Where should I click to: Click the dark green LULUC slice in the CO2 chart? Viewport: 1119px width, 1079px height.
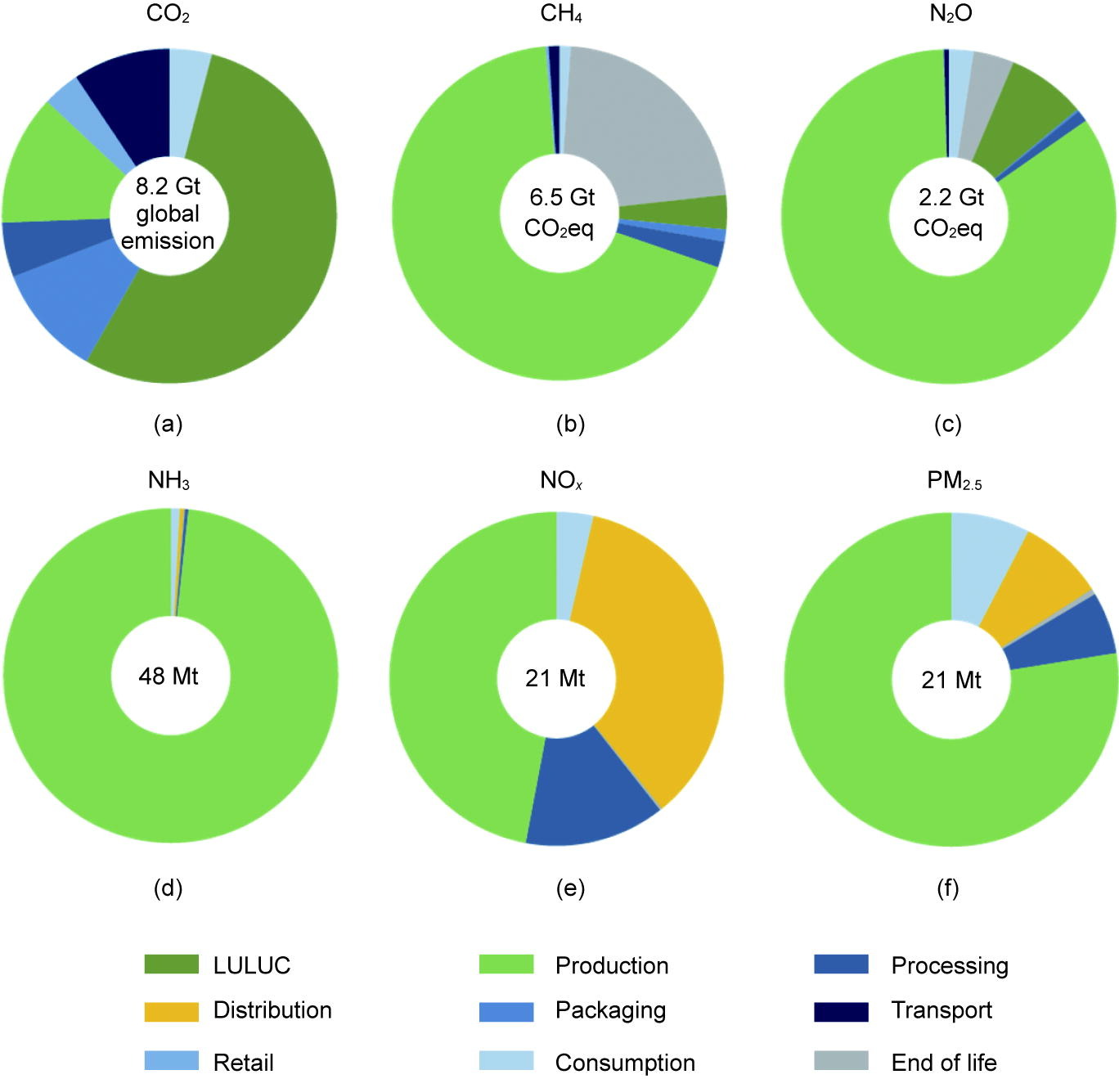pyautogui.click(x=270, y=245)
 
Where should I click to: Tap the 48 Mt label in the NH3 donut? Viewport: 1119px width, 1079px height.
pyautogui.click(x=169, y=677)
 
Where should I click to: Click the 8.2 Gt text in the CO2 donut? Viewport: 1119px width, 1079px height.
pyautogui.click(x=168, y=187)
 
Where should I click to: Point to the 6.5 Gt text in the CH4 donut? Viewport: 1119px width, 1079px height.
pyautogui.click(x=562, y=197)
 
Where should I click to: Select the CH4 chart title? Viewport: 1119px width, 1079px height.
pyautogui.click(x=561, y=15)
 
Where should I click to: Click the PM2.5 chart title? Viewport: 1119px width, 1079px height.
pyautogui.click(x=954, y=480)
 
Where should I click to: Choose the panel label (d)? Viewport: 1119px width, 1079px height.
pyautogui.click(x=169, y=888)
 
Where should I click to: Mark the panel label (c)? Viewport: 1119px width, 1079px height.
pyautogui.click(x=948, y=424)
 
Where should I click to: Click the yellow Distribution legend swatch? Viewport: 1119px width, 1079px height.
pyautogui.click(x=171, y=1011)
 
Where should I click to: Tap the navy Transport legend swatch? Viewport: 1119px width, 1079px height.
pyautogui.click(x=841, y=1011)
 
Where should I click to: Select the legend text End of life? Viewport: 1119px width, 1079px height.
pyautogui.click(x=944, y=1063)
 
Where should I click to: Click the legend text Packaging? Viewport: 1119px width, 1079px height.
pyautogui.click(x=610, y=1010)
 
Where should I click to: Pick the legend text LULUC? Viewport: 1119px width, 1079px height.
pyautogui.click(x=252, y=965)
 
